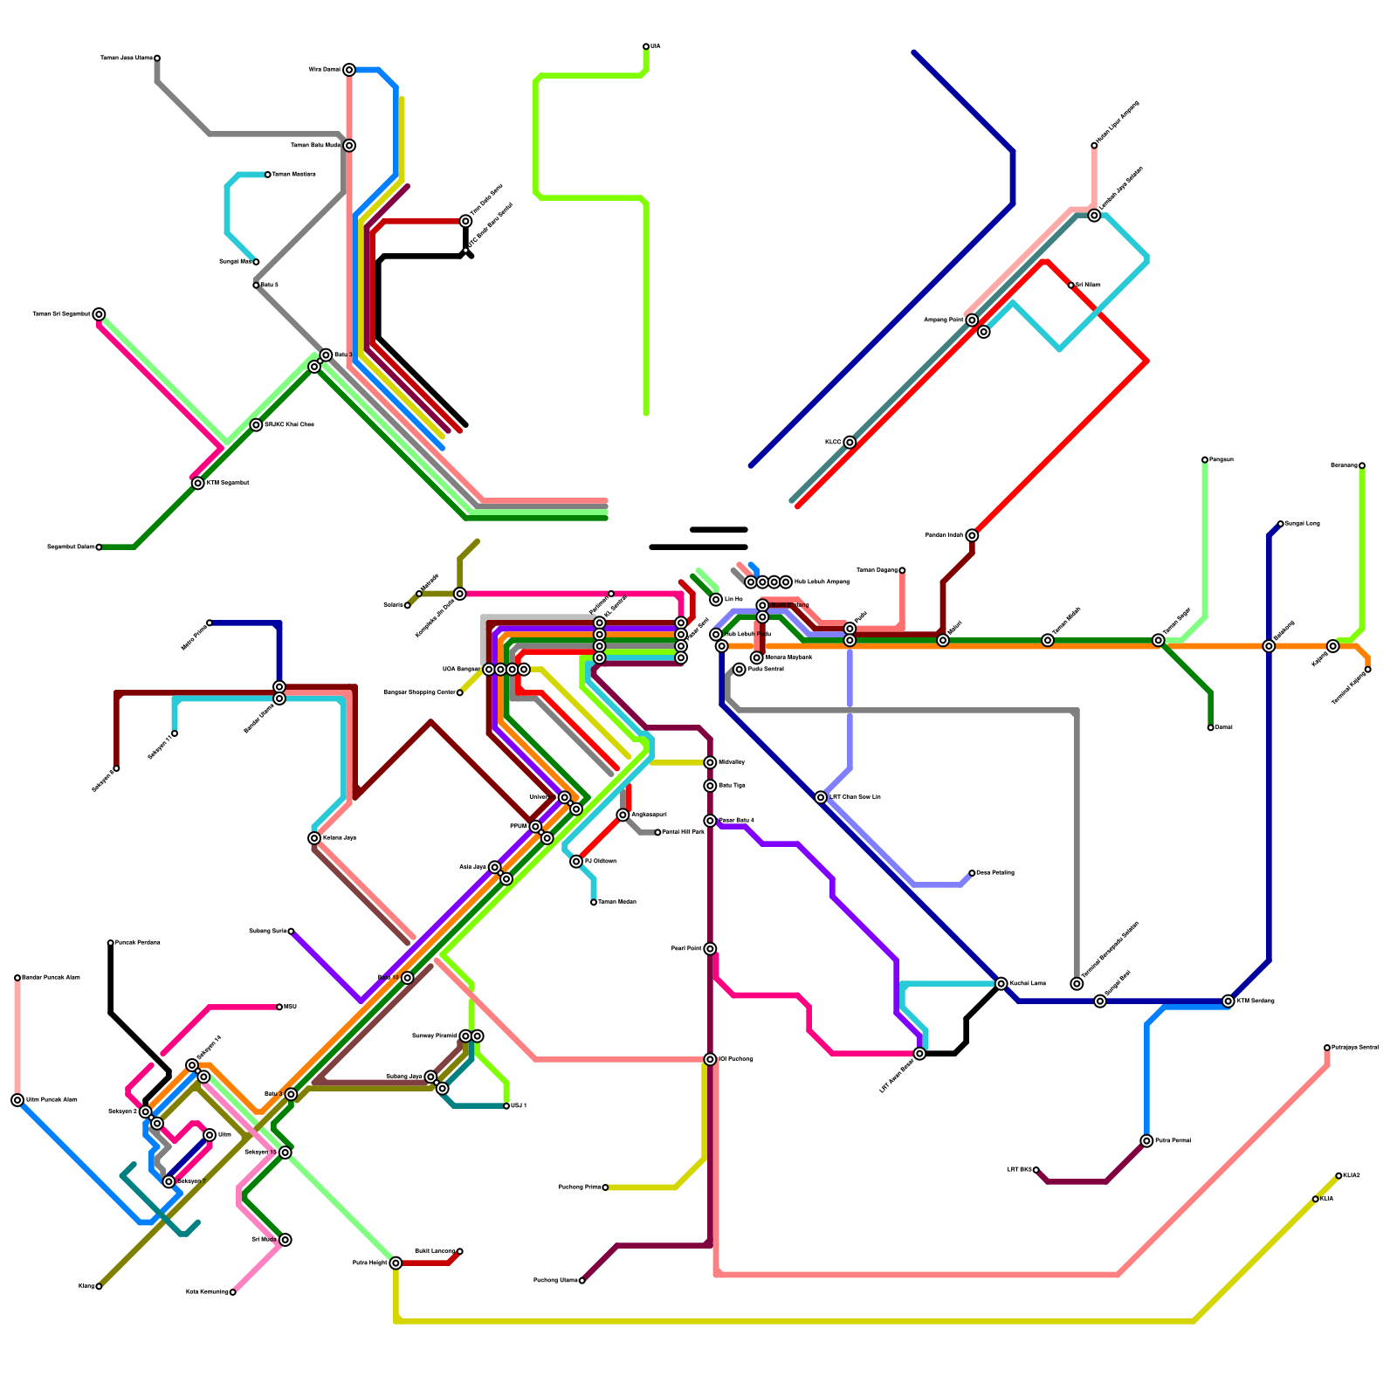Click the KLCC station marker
[850, 443]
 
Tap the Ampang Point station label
[943, 320]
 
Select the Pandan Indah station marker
[972, 535]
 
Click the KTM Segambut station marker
[198, 484]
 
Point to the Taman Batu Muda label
[315, 146]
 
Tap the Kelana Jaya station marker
[314, 838]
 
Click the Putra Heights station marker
[396, 1263]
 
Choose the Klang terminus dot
[99, 1286]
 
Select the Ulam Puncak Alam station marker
[17, 1100]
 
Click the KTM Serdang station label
[1256, 1001]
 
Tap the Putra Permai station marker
[1146, 1141]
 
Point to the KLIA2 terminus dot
[1339, 1176]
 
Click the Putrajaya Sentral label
[1354, 1048]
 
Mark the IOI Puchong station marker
[710, 1059]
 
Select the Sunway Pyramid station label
[434, 1036]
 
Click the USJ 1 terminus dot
[506, 1106]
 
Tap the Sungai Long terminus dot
[1280, 524]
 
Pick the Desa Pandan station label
[994, 873]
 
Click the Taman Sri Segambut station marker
[99, 314]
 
